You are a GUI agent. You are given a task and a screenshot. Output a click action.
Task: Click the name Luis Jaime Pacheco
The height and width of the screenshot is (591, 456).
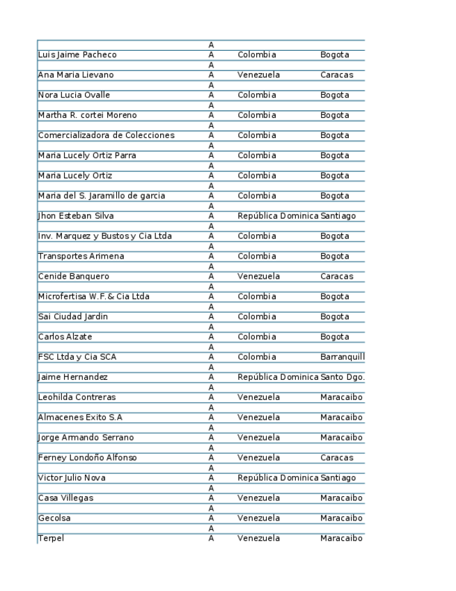point(77,55)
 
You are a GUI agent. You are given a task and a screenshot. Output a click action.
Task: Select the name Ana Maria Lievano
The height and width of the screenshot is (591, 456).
point(75,75)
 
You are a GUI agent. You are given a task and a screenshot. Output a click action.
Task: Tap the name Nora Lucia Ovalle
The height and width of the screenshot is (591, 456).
point(74,95)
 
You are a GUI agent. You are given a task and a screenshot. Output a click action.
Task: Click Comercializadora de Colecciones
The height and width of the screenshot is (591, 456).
point(106,136)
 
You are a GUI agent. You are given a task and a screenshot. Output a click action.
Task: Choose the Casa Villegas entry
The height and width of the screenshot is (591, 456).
point(65,499)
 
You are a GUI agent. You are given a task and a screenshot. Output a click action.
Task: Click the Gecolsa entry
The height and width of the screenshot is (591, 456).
point(54,519)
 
